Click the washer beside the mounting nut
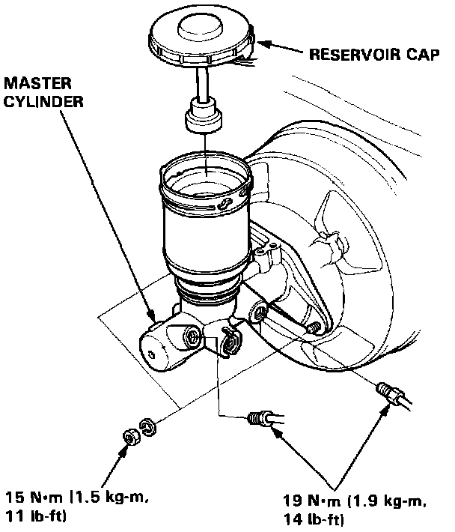tap(147, 429)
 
